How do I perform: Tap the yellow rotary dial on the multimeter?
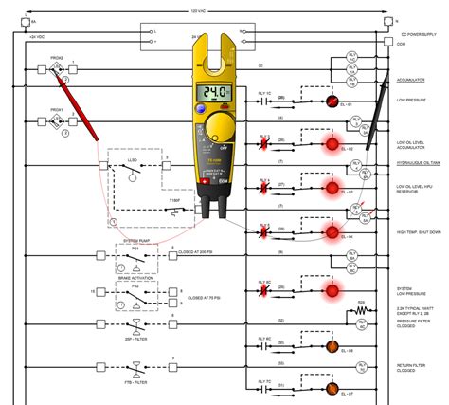click(220, 127)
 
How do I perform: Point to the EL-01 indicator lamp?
click(332, 101)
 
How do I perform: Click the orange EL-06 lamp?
click(332, 345)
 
